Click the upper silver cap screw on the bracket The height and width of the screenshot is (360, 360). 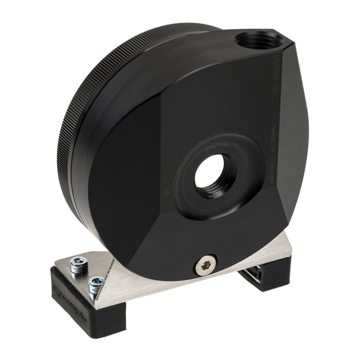tap(79, 265)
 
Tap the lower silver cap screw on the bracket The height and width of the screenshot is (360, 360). tap(96, 285)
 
